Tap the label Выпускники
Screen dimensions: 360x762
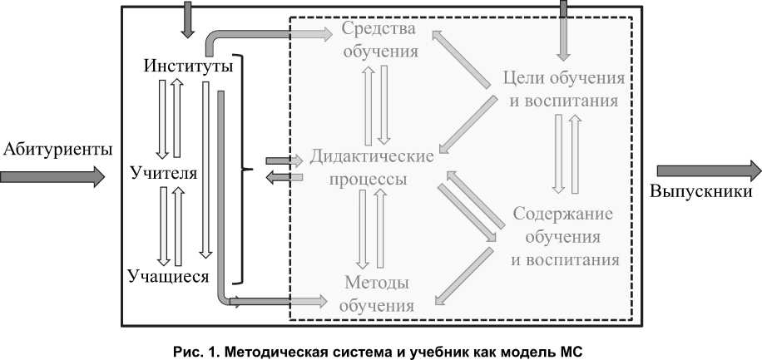pos(700,192)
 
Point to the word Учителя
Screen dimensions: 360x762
pos(164,174)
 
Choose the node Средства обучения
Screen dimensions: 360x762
pos(379,41)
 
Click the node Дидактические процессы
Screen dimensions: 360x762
pos(372,168)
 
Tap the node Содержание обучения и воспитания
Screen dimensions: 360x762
pos(564,237)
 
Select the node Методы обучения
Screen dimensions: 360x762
pos(377,295)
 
